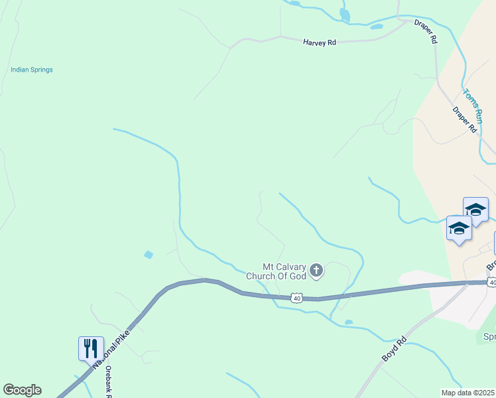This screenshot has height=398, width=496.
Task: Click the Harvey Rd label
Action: point(320,42)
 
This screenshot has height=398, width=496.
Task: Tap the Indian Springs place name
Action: point(32,70)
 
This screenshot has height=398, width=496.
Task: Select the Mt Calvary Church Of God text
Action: point(277,271)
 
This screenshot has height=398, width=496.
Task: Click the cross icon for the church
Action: point(317,270)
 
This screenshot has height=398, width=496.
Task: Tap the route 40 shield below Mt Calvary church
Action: point(296,298)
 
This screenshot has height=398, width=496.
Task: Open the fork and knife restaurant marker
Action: point(91,348)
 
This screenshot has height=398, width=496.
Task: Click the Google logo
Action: point(22,390)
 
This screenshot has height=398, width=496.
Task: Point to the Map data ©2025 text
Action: point(468,393)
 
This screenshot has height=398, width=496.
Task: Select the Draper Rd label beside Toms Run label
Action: point(465,120)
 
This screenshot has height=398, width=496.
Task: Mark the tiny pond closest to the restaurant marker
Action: point(148,254)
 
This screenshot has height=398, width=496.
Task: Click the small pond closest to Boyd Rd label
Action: point(349,322)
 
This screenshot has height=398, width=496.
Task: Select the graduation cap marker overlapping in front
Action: point(459,229)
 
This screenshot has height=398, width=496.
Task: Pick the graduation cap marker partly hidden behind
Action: point(476,210)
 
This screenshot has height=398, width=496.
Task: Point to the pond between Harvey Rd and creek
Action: point(377,27)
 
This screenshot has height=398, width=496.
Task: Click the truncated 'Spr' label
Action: point(489,337)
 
